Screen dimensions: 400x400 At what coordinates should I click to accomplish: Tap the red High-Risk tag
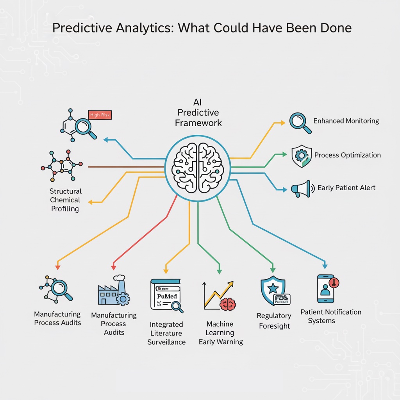(100, 114)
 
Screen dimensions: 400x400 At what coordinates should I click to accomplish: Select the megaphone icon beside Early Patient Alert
(302, 189)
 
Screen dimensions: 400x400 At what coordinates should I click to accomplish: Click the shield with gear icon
(302, 156)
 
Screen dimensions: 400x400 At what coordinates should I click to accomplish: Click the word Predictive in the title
(80, 28)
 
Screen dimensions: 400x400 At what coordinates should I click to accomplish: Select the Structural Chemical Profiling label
(65, 200)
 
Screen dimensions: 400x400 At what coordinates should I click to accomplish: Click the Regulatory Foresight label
(274, 321)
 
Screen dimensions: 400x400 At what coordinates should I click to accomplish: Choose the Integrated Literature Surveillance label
(166, 333)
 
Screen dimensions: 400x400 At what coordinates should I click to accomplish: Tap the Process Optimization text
(347, 155)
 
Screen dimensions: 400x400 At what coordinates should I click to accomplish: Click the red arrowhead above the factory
(114, 268)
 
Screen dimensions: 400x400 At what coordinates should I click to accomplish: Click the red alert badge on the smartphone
(335, 282)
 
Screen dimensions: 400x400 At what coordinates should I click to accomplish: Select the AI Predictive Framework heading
(198, 112)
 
